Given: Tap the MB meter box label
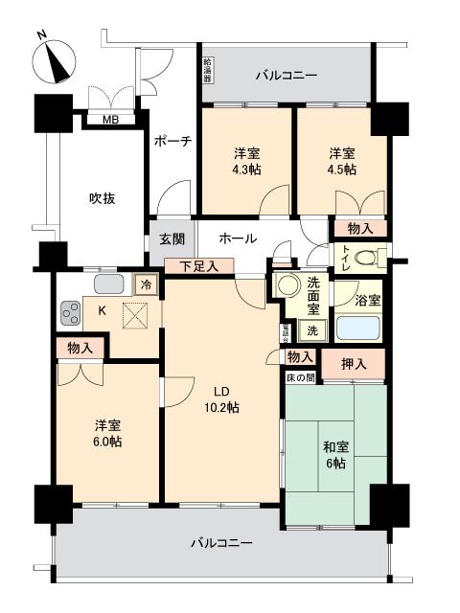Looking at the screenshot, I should coord(111,120).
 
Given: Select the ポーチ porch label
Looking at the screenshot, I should coord(172,141).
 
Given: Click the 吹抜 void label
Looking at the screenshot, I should coord(103,198).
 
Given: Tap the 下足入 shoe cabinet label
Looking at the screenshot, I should coord(198,266).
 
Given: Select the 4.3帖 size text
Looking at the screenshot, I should coord(248,170).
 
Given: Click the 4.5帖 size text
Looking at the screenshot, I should coord(343,170).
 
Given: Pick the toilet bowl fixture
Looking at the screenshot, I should coord(372,257).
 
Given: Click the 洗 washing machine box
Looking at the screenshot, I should coord(312,330).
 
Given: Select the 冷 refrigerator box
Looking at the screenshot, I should coord(145,284).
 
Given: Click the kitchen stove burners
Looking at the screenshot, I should coord(71,312).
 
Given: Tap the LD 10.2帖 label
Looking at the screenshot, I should coord(219,398).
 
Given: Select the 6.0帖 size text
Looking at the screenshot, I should coord(106,441).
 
